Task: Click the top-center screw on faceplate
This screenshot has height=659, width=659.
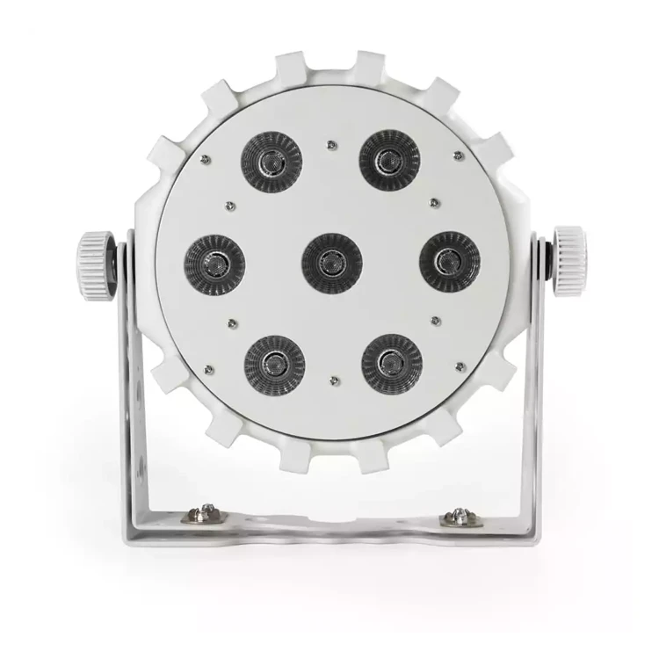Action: pos(331,142)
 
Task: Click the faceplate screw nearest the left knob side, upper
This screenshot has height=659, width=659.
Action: pos(204,158)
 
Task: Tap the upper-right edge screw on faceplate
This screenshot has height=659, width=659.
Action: pos(458,156)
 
